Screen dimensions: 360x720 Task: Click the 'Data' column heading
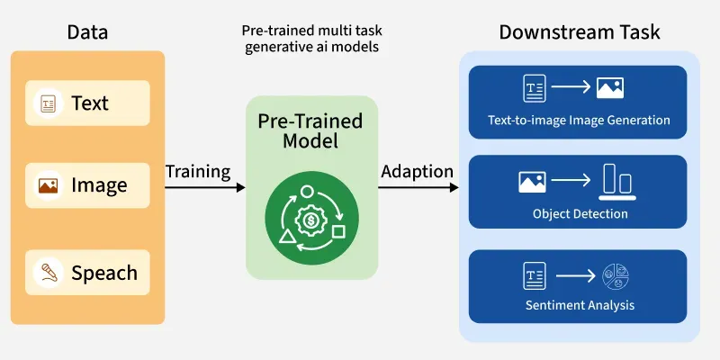pos(87,33)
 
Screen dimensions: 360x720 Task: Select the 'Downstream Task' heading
pos(580,33)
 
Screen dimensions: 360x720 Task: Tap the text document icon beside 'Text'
pos(48,103)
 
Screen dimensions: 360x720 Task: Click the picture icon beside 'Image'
pos(48,185)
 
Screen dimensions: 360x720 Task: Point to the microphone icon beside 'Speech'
pos(48,273)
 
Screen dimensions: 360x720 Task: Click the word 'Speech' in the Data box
pos(104,273)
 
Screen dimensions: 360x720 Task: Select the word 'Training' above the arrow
pos(198,171)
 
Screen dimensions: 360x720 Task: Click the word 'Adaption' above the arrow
pos(417,171)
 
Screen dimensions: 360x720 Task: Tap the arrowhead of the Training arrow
pos(240,187)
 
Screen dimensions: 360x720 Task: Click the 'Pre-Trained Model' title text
pos(310,131)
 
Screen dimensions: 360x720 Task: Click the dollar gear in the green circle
pos(311,220)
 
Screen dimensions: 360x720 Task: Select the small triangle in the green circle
pos(287,237)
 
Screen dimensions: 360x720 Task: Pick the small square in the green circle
pos(338,232)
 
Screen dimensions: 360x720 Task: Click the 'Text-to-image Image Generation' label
pos(579,120)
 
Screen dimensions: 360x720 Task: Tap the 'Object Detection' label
pos(579,214)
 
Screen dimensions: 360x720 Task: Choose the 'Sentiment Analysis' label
pos(580,305)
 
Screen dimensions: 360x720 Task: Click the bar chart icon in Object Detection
pos(618,181)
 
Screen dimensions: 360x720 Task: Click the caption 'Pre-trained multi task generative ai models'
pos(311,39)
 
